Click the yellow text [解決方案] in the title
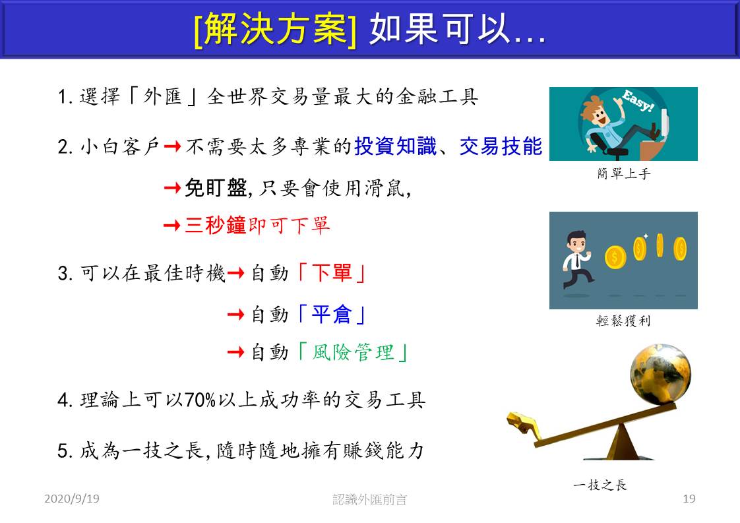(x=275, y=29)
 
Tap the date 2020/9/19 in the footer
(x=72, y=499)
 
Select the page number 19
(x=689, y=499)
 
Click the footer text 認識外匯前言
(x=369, y=499)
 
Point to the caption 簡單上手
(x=623, y=173)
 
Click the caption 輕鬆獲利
(x=623, y=321)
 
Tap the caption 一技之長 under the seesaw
(x=600, y=485)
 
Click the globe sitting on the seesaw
(x=660, y=375)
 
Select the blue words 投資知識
(x=396, y=146)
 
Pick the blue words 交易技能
(x=501, y=146)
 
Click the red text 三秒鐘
(x=216, y=225)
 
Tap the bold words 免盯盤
(x=216, y=188)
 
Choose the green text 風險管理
(x=353, y=352)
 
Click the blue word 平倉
(x=332, y=315)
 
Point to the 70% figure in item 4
(x=200, y=400)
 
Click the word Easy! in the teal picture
(x=638, y=100)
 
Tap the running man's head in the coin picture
(x=576, y=242)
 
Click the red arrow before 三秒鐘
(x=171, y=226)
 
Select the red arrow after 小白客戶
(x=172, y=146)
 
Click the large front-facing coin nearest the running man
(x=615, y=257)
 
